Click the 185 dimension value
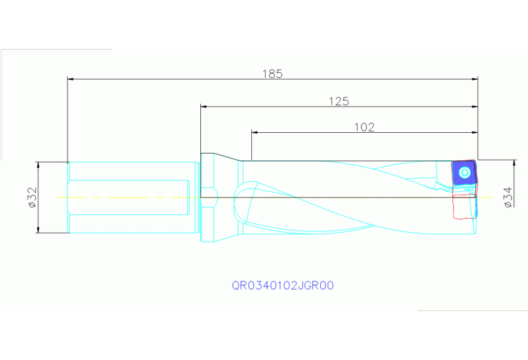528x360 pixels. (x=273, y=74)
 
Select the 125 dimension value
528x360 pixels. (x=339, y=101)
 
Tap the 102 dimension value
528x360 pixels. (x=364, y=127)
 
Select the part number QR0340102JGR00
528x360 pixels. (x=283, y=285)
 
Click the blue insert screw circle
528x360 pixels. (x=465, y=172)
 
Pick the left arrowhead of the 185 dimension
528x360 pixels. (x=70, y=79)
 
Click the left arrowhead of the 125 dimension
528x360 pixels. (x=203, y=107)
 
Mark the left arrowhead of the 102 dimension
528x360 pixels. (x=254, y=131)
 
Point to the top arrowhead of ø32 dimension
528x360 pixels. (x=38, y=165)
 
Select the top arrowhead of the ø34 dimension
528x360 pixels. (x=514, y=162)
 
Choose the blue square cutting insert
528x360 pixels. (x=463, y=173)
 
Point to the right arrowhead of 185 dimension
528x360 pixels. (x=475, y=79)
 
